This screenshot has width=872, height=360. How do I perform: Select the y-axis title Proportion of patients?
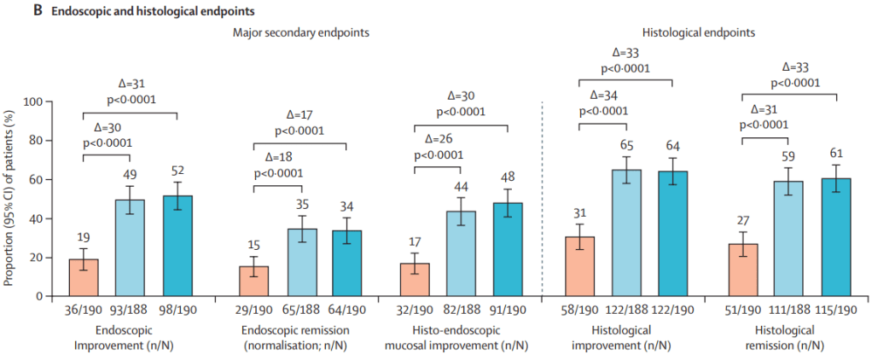click(x=10, y=199)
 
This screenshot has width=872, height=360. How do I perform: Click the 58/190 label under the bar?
click(x=580, y=311)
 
